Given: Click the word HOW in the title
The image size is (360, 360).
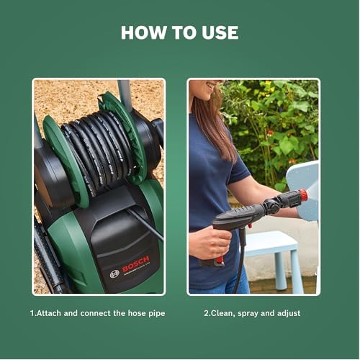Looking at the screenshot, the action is tap(143, 32).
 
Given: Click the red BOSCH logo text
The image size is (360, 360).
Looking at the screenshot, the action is tap(136, 264).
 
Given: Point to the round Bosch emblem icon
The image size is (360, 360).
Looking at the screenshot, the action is tap(114, 274).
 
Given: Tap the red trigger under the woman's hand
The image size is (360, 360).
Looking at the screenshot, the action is tap(218, 261).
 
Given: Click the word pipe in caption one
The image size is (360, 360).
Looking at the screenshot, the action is tap(157, 314).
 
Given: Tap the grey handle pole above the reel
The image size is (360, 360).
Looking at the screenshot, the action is tap(125, 95).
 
